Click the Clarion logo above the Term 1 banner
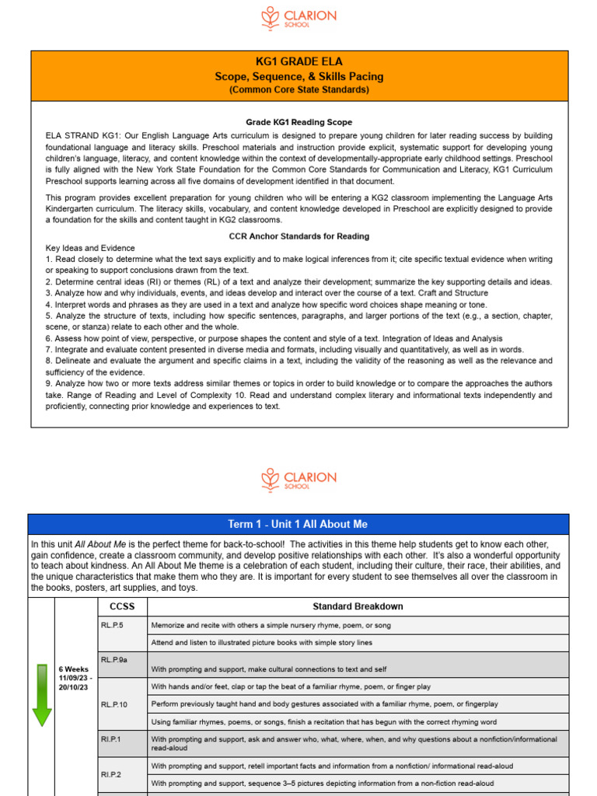pyautogui.click(x=298, y=480)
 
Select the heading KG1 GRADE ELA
pyautogui.click(x=298, y=62)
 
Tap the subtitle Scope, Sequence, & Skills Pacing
pyautogui.click(x=298, y=76)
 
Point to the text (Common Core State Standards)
pyautogui.click(x=298, y=89)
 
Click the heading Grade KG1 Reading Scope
pyautogui.click(x=298, y=122)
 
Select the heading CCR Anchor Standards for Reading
pyautogui.click(x=298, y=236)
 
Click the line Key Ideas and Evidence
pyautogui.click(x=90, y=248)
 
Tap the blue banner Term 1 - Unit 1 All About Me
pyautogui.click(x=298, y=524)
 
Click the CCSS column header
pyautogui.click(x=122, y=606)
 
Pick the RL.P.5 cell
pyautogui.click(x=112, y=625)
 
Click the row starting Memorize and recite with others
pyautogui.click(x=271, y=625)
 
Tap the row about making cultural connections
pyautogui.click(x=268, y=669)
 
